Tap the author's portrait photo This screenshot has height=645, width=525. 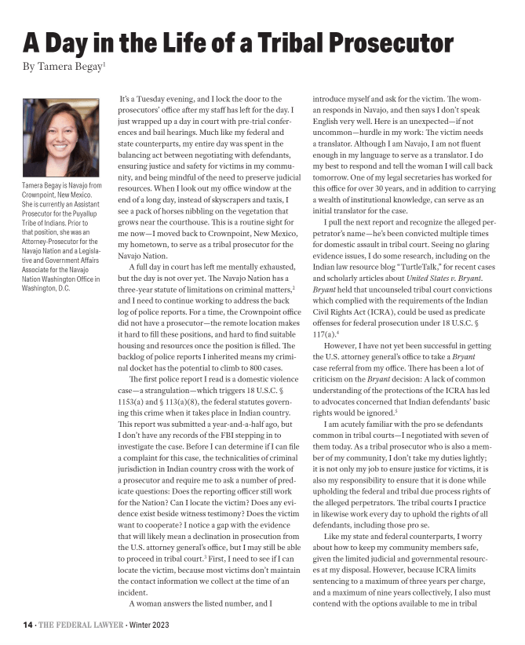[61, 138]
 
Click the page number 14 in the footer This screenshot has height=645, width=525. [27, 625]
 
